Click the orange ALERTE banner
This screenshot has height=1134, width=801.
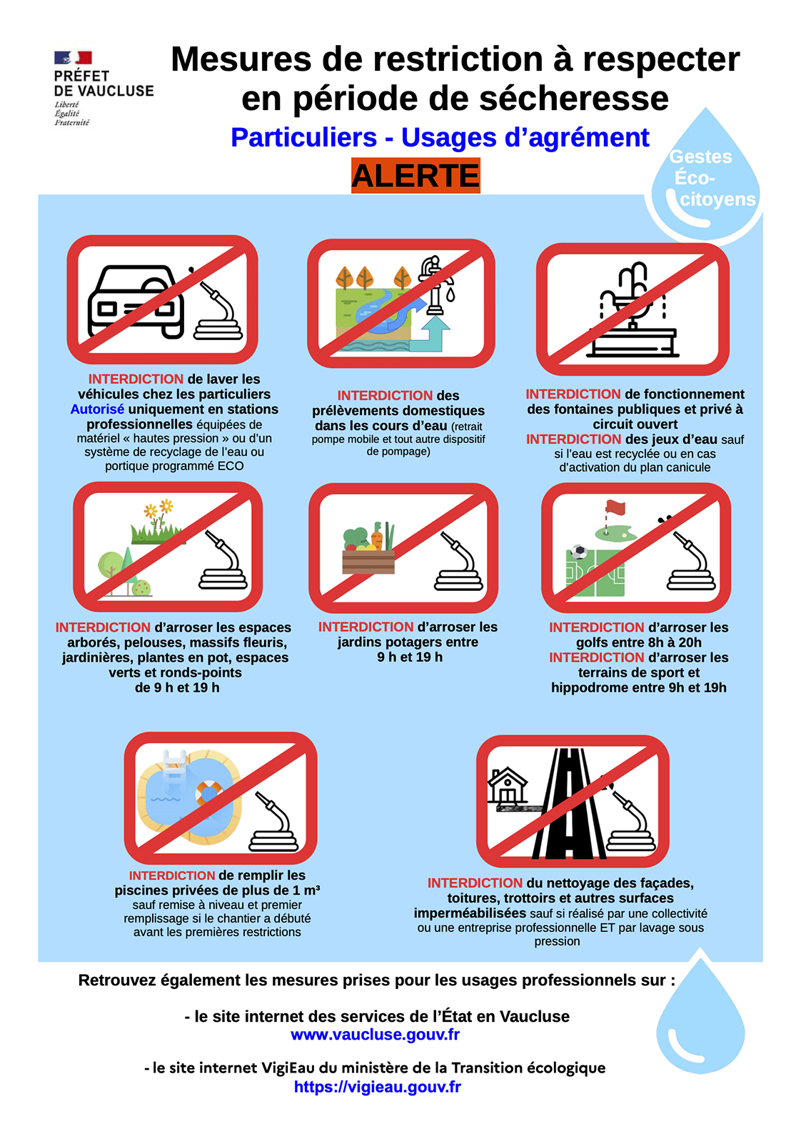[x=415, y=176]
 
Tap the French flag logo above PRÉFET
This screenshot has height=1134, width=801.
[x=74, y=57]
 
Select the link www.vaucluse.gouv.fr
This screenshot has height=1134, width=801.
[x=376, y=1034]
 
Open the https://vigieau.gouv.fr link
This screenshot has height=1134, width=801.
[x=377, y=1086]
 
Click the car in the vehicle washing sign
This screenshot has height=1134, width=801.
[x=136, y=302]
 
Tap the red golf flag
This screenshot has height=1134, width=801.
[x=615, y=508]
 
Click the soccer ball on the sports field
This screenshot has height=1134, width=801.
[x=578, y=552]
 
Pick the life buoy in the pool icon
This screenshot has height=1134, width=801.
[x=209, y=794]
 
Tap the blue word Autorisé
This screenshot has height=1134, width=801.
[x=97, y=409]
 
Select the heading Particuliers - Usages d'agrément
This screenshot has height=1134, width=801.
[x=440, y=137]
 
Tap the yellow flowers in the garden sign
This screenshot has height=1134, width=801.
[x=158, y=509]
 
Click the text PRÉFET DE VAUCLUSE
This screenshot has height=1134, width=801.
[x=104, y=84]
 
